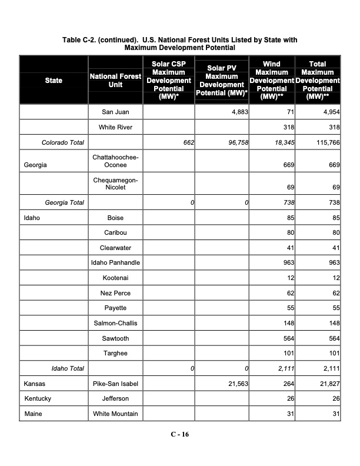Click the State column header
tap(54, 80)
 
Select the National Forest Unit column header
tap(115, 80)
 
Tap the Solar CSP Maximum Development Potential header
tap(168, 80)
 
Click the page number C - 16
tap(180, 434)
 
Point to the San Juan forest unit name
tap(115, 112)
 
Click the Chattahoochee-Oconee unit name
tap(115, 161)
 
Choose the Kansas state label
tap(34, 384)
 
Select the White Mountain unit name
tap(115, 414)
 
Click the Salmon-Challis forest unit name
tap(115, 323)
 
